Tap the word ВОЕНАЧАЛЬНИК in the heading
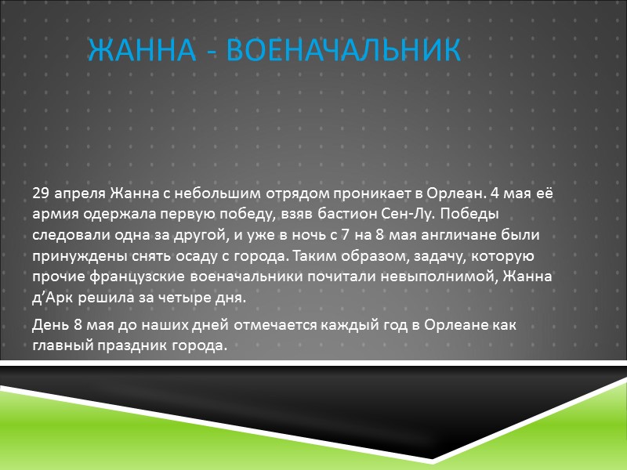click(x=342, y=51)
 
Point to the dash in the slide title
click(x=213, y=52)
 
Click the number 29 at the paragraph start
click(x=41, y=193)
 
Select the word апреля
click(x=80, y=193)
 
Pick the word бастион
click(x=330, y=214)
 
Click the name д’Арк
click(x=55, y=298)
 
